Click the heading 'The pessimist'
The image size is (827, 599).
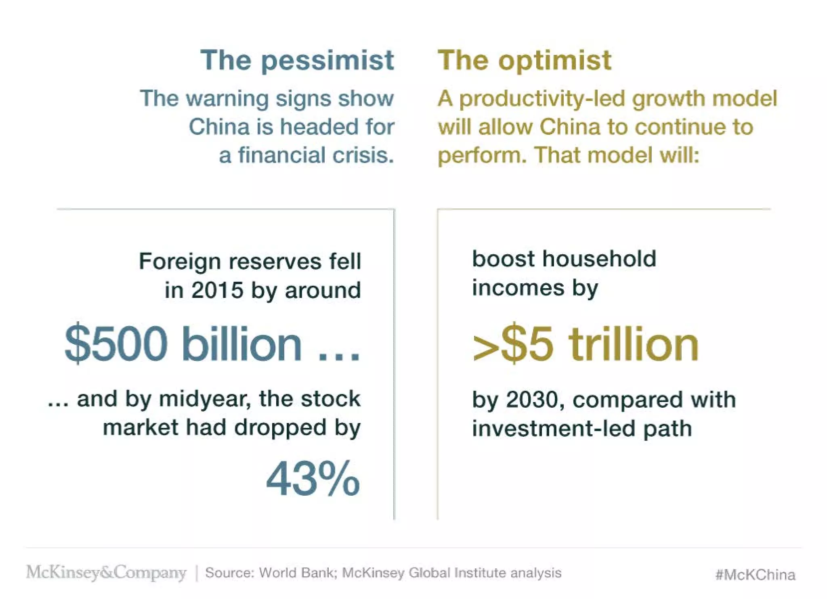tap(297, 61)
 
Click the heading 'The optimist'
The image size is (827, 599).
tap(525, 61)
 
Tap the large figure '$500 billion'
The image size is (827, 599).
tap(184, 344)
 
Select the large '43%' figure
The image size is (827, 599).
tap(313, 479)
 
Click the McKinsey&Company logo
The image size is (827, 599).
tap(106, 572)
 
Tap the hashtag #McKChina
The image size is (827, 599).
tap(755, 574)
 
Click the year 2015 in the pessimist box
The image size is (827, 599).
tap(217, 290)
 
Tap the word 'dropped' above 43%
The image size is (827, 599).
tap(280, 428)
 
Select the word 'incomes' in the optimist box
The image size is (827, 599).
tap(518, 288)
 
